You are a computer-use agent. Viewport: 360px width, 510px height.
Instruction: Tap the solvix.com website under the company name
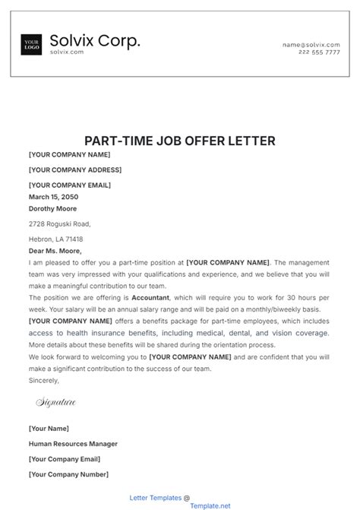pos(66,52)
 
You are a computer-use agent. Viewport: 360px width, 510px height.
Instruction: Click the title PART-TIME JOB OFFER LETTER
pos(179,141)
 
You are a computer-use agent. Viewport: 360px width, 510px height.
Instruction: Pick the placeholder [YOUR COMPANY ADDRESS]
pos(74,169)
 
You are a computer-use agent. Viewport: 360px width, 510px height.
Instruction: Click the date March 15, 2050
pos(54,196)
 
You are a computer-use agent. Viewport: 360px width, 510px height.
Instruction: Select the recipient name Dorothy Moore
pos(52,208)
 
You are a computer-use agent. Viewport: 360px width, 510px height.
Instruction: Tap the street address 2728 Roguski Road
pos(59,223)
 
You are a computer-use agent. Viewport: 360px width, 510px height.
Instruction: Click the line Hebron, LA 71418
pos(55,239)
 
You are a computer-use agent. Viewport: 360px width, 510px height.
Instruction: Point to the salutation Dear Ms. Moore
pos(55,251)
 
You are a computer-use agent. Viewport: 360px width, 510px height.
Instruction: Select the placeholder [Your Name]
pos(49,429)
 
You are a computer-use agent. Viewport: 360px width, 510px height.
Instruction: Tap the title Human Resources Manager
pos(73,444)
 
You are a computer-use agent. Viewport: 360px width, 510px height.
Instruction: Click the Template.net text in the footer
pos(188,505)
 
